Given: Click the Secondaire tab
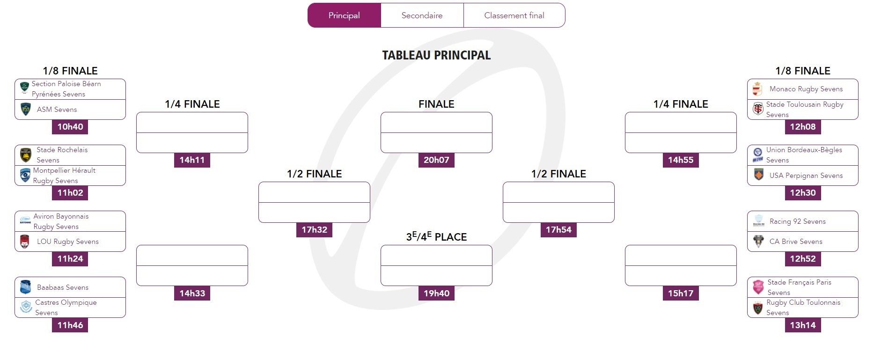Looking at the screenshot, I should [422, 15].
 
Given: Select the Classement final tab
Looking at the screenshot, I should [514, 15].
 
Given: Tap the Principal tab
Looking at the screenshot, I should [344, 15].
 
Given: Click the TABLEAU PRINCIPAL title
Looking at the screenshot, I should [436, 55].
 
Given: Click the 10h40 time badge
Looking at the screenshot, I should [70, 127].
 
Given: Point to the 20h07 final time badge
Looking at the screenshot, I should [436, 160].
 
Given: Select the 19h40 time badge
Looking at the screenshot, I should [436, 294].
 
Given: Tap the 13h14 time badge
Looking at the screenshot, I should [802, 325].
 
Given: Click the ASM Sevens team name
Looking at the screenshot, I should [57, 110].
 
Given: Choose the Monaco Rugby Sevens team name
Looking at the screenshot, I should [806, 89].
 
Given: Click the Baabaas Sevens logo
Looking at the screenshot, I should [25, 287].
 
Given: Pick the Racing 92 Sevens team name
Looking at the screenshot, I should [797, 221].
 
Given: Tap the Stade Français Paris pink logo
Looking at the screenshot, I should [758, 287].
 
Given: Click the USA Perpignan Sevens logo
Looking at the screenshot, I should [758, 175].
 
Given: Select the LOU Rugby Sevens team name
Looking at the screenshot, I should [67, 242].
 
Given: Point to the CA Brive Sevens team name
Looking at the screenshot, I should [795, 242].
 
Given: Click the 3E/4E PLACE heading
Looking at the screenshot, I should [436, 237].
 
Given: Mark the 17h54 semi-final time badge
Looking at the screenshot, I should [558, 230].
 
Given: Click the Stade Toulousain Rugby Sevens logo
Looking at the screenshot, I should [758, 109].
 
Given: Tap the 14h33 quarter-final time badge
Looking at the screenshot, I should [192, 294].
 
